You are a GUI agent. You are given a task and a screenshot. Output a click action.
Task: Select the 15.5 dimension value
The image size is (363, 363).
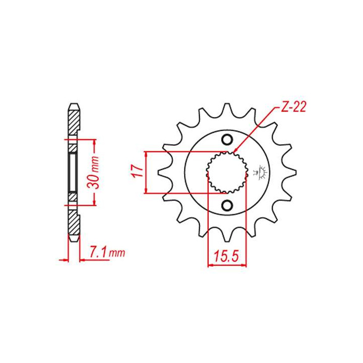[x=226, y=256]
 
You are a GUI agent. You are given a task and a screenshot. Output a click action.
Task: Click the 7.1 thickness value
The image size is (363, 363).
[x=97, y=252]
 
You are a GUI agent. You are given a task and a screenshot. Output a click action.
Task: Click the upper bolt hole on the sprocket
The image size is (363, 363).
[x=227, y=140]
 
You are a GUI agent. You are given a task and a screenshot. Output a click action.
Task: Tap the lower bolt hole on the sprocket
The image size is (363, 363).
[x=227, y=205]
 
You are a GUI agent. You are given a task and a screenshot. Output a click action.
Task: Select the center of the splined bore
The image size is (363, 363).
[x=227, y=172]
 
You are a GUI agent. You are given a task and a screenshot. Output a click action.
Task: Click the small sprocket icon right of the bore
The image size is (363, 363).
[x=262, y=172]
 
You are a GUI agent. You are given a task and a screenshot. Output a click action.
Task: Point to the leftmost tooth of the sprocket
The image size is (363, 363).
[x=163, y=172]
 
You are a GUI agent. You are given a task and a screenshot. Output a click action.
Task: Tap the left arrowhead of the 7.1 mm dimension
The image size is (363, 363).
[x=65, y=260]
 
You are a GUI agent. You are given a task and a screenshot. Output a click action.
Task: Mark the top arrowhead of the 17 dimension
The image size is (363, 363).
[x=146, y=154]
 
